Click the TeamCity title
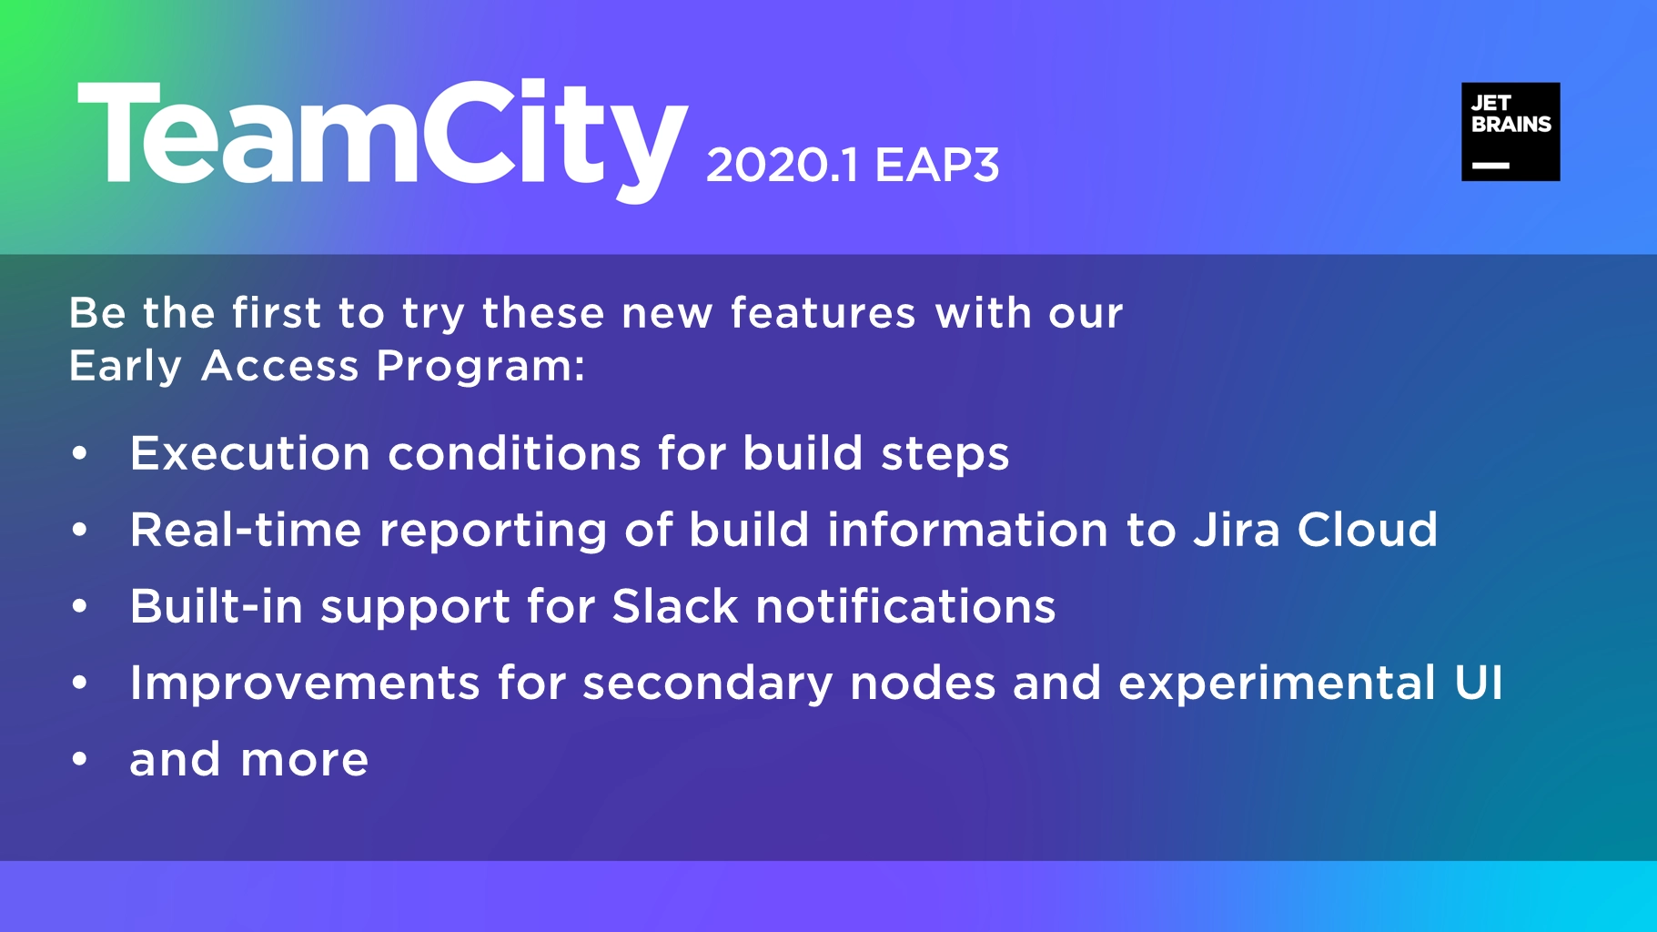[x=382, y=141]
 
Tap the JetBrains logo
[x=1510, y=132]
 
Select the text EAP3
[x=937, y=166]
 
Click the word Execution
[x=250, y=453]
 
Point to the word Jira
[x=1237, y=530]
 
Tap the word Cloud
[x=1368, y=530]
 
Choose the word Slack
[x=675, y=606]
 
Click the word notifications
[x=905, y=606]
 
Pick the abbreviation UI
[x=1479, y=683]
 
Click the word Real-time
[x=246, y=530]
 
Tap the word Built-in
[x=217, y=606]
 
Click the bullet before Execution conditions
[x=80, y=452]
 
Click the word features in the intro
[x=823, y=313]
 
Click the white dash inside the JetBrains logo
[x=1490, y=166]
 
